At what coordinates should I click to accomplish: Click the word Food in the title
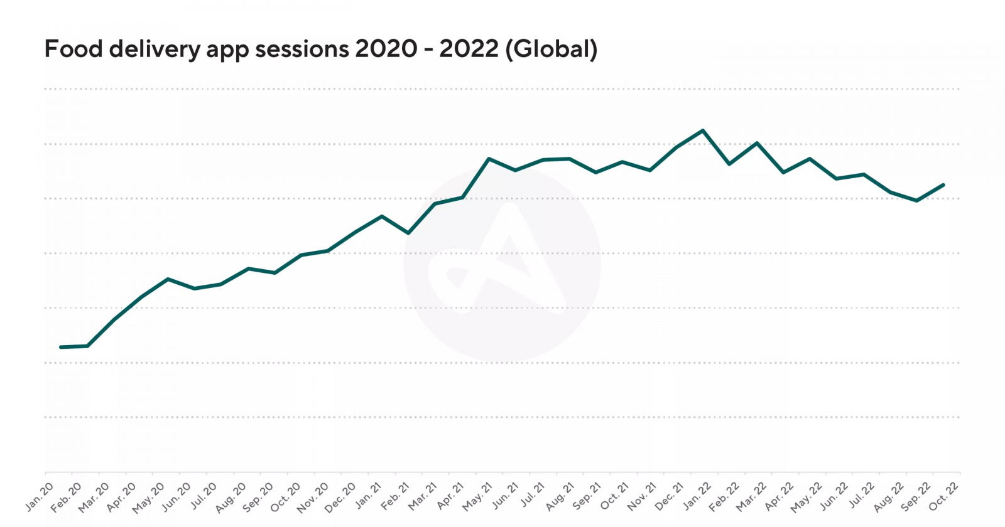point(73,49)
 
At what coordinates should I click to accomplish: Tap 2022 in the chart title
point(469,49)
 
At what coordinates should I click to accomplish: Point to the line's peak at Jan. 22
point(703,130)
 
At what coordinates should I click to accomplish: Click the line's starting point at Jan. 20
point(61,347)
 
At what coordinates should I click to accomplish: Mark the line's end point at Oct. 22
point(943,185)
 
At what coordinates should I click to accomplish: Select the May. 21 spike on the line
point(489,159)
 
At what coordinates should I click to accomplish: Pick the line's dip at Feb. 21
point(409,233)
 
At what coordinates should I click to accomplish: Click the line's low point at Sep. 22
point(917,201)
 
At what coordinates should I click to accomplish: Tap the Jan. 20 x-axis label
point(40,496)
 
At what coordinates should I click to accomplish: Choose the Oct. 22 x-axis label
point(943,496)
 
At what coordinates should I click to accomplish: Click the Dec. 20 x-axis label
point(340,496)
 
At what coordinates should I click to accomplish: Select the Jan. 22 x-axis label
point(697,496)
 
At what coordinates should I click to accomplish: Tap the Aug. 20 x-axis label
point(231,498)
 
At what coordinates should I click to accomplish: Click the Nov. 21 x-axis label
point(642,496)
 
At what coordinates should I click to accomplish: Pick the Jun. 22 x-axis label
point(834,496)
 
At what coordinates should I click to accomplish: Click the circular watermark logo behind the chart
point(502,264)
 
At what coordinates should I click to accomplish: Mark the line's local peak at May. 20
point(168,279)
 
